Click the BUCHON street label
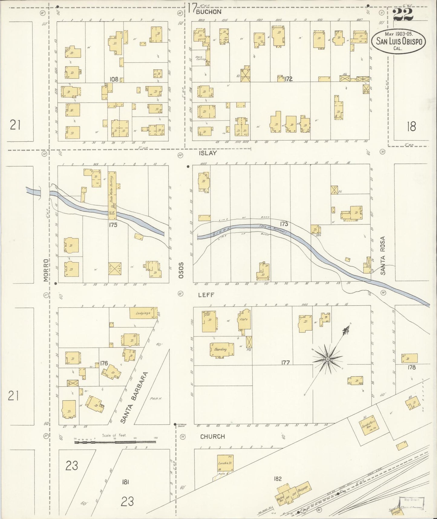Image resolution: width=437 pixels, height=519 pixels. [x=209, y=12]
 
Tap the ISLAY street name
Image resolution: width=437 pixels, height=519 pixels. [x=208, y=153]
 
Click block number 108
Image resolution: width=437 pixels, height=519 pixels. [x=114, y=79]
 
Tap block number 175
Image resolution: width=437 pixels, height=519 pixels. [x=113, y=225]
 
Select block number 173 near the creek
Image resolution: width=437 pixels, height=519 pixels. [x=284, y=224]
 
